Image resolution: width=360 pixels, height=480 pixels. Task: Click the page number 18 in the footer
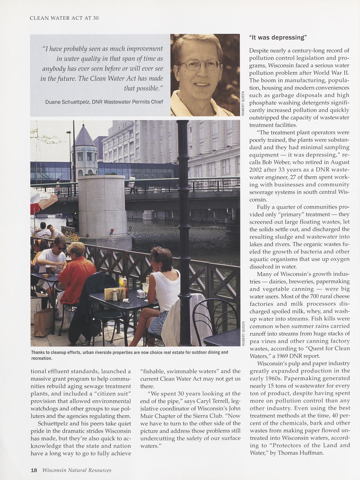point(34,470)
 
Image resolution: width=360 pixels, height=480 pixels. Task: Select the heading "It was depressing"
point(278,37)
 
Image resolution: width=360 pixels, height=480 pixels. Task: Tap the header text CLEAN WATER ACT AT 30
point(64,18)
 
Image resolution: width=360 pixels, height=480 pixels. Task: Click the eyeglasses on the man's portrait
point(199,64)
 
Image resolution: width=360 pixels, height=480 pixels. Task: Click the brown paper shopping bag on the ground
point(43,322)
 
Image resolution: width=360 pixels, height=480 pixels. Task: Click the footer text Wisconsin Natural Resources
point(77,470)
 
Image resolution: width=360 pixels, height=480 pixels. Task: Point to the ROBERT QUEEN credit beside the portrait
point(243,103)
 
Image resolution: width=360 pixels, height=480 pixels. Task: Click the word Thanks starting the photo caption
point(38,352)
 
